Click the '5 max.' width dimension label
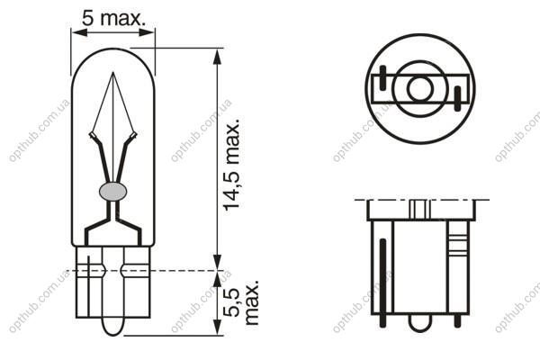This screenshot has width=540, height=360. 113,18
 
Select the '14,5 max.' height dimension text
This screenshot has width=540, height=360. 231,165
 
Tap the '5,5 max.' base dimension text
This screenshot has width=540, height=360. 240,302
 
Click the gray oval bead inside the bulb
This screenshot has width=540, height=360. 112,192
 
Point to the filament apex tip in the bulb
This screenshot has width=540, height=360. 113,72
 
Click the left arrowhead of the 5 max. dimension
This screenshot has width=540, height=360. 79,32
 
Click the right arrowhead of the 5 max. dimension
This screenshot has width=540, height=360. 147,32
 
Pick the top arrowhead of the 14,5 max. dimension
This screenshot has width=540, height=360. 217,57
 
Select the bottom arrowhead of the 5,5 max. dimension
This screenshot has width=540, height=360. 217,328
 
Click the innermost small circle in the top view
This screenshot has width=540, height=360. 419,88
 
